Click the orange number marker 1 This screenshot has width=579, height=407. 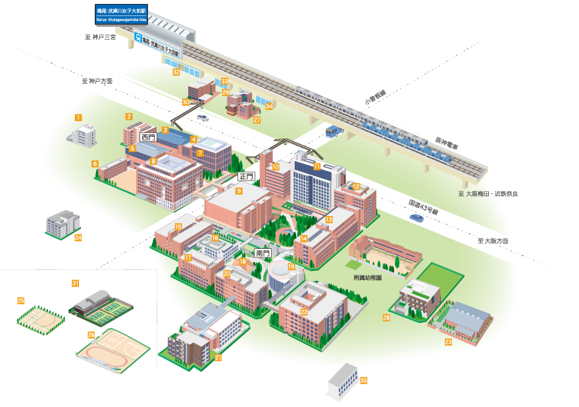[78, 117]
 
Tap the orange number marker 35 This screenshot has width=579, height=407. [364, 381]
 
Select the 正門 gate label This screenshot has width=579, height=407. [246, 176]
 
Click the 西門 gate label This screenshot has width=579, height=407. [148, 138]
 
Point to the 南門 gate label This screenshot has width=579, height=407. [263, 253]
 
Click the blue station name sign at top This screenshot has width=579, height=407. [122, 15]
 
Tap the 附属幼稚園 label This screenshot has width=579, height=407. [368, 278]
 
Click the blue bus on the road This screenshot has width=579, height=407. [334, 131]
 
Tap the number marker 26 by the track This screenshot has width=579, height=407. [91, 335]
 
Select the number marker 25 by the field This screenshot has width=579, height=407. [20, 300]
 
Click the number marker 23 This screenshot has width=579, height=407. [448, 342]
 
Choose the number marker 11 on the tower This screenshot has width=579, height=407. [317, 167]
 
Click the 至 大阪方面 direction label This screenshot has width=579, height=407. [493, 241]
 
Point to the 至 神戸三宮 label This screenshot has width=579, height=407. [100, 38]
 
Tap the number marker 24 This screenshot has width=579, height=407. [78, 237]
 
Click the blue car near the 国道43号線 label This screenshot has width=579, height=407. [417, 217]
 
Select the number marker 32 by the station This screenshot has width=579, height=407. [176, 71]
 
